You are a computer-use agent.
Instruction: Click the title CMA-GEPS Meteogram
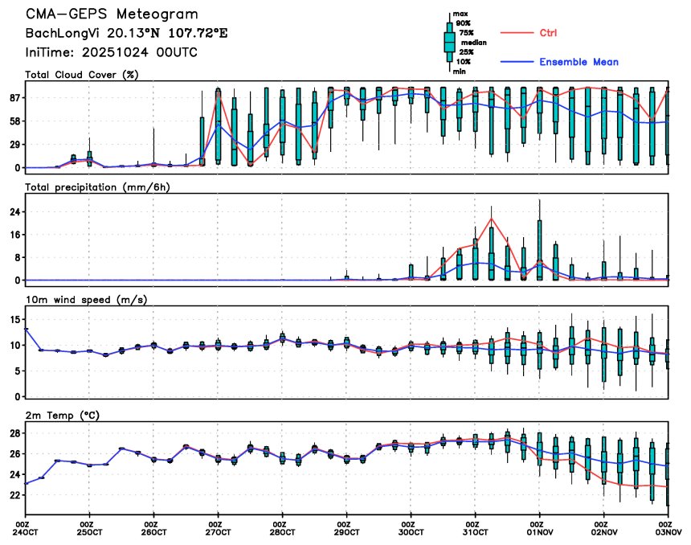click(112, 14)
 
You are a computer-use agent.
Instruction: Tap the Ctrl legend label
click(544, 33)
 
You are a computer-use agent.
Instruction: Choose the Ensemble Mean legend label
click(579, 62)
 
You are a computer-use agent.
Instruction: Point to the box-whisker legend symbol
click(451, 43)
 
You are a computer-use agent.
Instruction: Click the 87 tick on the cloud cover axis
click(14, 98)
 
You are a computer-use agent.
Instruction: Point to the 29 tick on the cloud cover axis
click(14, 145)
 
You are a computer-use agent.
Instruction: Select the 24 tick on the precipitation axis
click(14, 211)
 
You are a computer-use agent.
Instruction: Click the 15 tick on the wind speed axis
click(14, 319)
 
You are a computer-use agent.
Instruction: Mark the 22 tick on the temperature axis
click(14, 496)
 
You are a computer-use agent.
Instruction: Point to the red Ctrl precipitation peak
click(491, 219)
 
